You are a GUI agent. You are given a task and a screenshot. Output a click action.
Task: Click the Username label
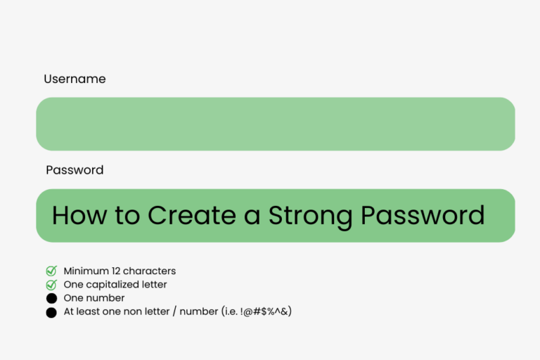point(75,79)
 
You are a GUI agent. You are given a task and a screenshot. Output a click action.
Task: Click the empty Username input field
point(275,124)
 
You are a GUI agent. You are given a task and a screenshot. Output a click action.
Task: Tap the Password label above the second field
point(75,170)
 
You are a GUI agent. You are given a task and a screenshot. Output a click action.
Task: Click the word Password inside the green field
point(423,215)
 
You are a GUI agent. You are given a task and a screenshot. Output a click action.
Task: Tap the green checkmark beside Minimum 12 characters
point(51,271)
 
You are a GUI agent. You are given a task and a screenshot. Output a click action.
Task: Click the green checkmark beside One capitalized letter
point(51,285)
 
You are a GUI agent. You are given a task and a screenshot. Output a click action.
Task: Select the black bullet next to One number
point(51,299)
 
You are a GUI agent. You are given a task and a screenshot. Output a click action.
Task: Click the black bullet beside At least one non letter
point(51,312)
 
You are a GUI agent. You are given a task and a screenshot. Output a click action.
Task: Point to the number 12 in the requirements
point(115,271)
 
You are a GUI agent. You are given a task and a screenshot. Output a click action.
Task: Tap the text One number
point(94,298)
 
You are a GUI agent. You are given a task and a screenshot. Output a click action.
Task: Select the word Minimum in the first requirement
point(85,271)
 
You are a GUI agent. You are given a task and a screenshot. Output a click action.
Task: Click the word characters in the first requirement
point(150,271)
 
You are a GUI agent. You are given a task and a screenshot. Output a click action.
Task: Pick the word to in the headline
point(127,215)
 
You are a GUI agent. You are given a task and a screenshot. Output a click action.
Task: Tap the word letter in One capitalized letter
point(155,285)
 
